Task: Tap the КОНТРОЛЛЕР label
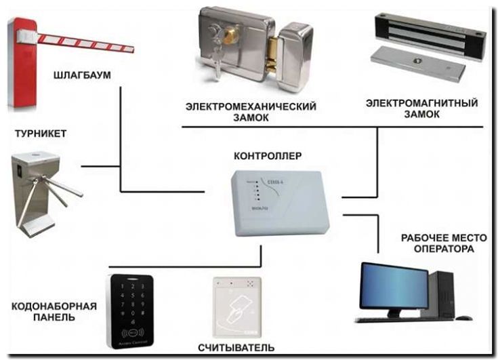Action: (x=268, y=156)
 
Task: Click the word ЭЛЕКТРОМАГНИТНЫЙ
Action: (x=421, y=104)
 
